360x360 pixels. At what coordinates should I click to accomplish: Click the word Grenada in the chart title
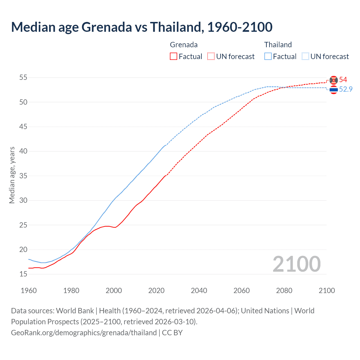(x=107, y=27)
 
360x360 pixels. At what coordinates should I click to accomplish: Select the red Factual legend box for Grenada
(x=174, y=57)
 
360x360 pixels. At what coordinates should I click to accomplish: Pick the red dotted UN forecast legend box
(x=211, y=57)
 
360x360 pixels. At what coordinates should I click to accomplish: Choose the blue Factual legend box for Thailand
(x=268, y=57)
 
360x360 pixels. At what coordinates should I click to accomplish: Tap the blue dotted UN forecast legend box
(x=305, y=57)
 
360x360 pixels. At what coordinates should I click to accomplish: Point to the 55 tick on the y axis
(x=23, y=77)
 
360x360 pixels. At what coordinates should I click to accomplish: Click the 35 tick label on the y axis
(x=23, y=176)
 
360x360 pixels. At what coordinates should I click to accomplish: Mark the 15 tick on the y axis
(x=23, y=274)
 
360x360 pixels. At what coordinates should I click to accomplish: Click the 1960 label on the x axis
(x=29, y=291)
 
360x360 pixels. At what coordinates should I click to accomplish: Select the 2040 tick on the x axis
(x=199, y=291)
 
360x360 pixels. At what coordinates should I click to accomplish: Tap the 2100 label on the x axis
(x=327, y=291)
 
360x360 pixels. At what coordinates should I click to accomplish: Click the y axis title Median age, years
(x=12, y=175)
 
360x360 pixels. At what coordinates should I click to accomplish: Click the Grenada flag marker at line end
(x=334, y=80)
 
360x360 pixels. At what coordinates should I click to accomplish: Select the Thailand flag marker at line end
(x=334, y=90)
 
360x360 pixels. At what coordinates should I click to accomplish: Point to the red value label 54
(x=343, y=80)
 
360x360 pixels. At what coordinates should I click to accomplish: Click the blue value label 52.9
(x=346, y=89)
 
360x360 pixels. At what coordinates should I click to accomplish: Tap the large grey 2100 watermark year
(x=296, y=264)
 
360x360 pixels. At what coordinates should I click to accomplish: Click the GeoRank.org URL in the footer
(x=84, y=332)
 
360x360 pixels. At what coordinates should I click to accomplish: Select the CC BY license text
(x=172, y=332)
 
